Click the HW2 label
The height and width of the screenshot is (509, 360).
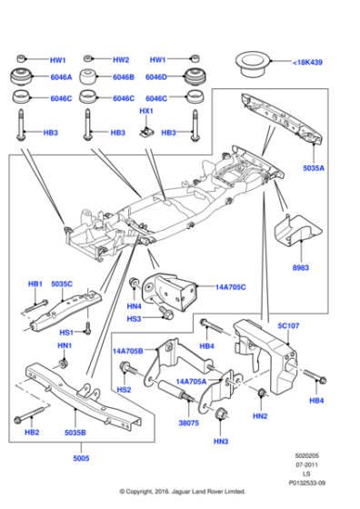[x=121, y=59]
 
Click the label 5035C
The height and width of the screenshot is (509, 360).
[x=63, y=284]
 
